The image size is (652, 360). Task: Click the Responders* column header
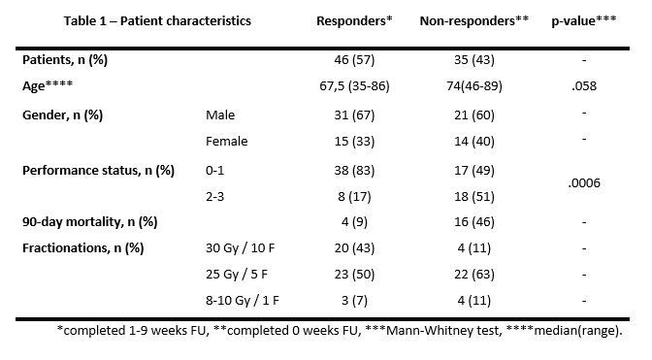[354, 20]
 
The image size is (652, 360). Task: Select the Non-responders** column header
[474, 20]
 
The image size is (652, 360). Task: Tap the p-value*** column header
[584, 20]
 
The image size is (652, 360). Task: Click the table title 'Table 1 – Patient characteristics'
[157, 20]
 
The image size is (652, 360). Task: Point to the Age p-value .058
[584, 86]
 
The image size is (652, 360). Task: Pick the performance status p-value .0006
[584, 182]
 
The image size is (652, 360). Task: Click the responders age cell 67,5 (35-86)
[354, 86]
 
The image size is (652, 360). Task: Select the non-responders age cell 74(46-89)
[474, 86]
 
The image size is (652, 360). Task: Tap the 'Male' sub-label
[220, 115]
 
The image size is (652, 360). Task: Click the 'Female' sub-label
[227, 142]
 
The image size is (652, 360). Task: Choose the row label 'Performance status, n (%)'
[98, 171]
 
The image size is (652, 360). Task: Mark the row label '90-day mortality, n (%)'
[90, 222]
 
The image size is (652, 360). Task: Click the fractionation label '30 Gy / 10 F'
[240, 248]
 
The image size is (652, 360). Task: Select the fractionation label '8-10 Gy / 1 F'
[242, 300]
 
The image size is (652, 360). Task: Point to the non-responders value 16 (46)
[474, 222]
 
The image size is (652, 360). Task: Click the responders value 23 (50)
[354, 275]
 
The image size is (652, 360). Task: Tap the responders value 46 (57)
[354, 60]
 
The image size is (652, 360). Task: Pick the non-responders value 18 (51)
[474, 196]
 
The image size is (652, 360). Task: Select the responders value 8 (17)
[354, 196]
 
